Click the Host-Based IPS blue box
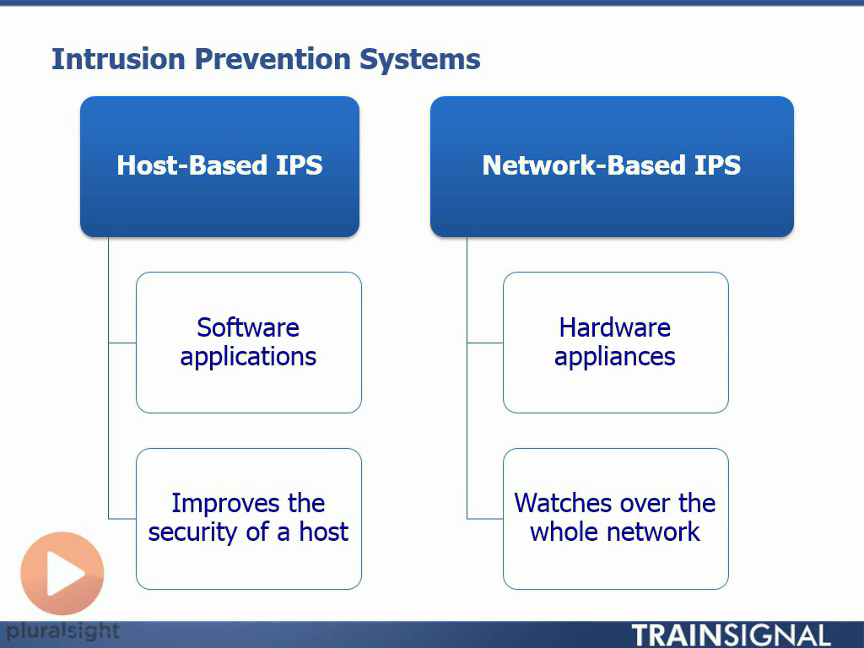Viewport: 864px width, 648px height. tap(219, 165)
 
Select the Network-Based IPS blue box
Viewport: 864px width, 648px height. tap(612, 165)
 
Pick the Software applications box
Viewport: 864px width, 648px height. tap(249, 342)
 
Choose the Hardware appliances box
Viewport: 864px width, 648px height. tap(616, 342)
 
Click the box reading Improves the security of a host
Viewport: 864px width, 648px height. tap(249, 518)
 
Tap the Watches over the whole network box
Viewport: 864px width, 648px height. tap(616, 518)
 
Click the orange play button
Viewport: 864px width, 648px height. tap(62, 574)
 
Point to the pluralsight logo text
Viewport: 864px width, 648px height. tap(62, 630)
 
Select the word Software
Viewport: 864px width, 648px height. tap(248, 327)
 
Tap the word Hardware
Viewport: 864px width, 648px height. tap(615, 327)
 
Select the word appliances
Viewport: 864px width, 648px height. tap(615, 357)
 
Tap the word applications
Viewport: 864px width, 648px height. tap(248, 357)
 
